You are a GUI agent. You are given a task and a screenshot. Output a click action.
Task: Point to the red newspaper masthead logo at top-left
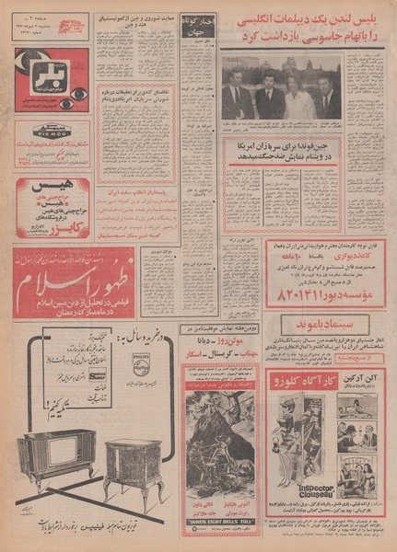click(x=71, y=26)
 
